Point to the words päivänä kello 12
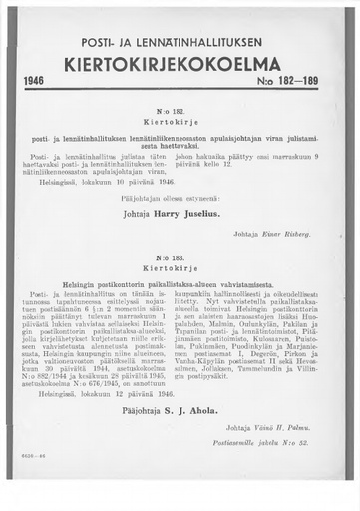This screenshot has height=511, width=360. pyautogui.click(x=216, y=167)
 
